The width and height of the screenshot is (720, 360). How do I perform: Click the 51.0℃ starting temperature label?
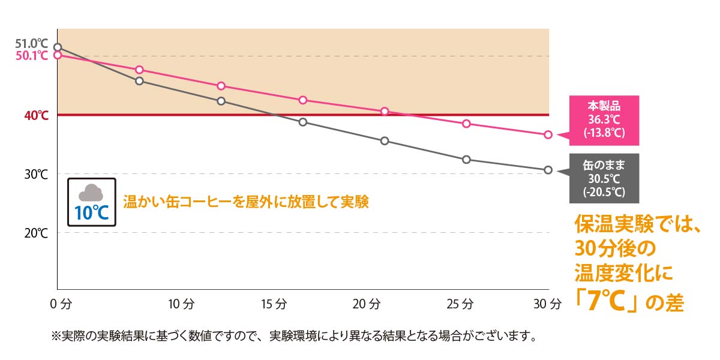[x=31, y=44]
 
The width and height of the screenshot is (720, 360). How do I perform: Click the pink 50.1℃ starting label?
[x=31, y=55]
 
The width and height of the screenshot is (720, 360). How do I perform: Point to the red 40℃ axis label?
[x=36, y=115]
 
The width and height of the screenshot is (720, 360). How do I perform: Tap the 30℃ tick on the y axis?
[x=36, y=174]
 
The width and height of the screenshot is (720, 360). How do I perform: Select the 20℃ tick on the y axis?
[x=36, y=233]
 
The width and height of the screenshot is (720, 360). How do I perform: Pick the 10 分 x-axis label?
[x=181, y=304]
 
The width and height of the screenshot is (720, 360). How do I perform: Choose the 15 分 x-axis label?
[x=274, y=304]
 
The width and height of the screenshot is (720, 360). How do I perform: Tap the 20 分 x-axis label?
[x=367, y=304]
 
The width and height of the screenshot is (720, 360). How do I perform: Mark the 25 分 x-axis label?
[x=459, y=304]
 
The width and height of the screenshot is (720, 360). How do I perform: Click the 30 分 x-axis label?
[x=547, y=304]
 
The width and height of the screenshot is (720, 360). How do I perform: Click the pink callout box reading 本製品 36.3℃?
[x=604, y=121]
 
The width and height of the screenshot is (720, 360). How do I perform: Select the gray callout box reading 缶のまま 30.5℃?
[x=604, y=178]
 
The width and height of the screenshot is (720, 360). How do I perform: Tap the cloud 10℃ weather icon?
[x=92, y=202]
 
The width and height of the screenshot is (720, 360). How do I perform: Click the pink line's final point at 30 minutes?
[x=548, y=134]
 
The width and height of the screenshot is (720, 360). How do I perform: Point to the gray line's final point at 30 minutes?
[x=548, y=170]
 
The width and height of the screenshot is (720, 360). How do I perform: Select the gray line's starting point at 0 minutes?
[x=58, y=47]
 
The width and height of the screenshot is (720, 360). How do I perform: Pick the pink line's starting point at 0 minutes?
[x=58, y=55]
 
